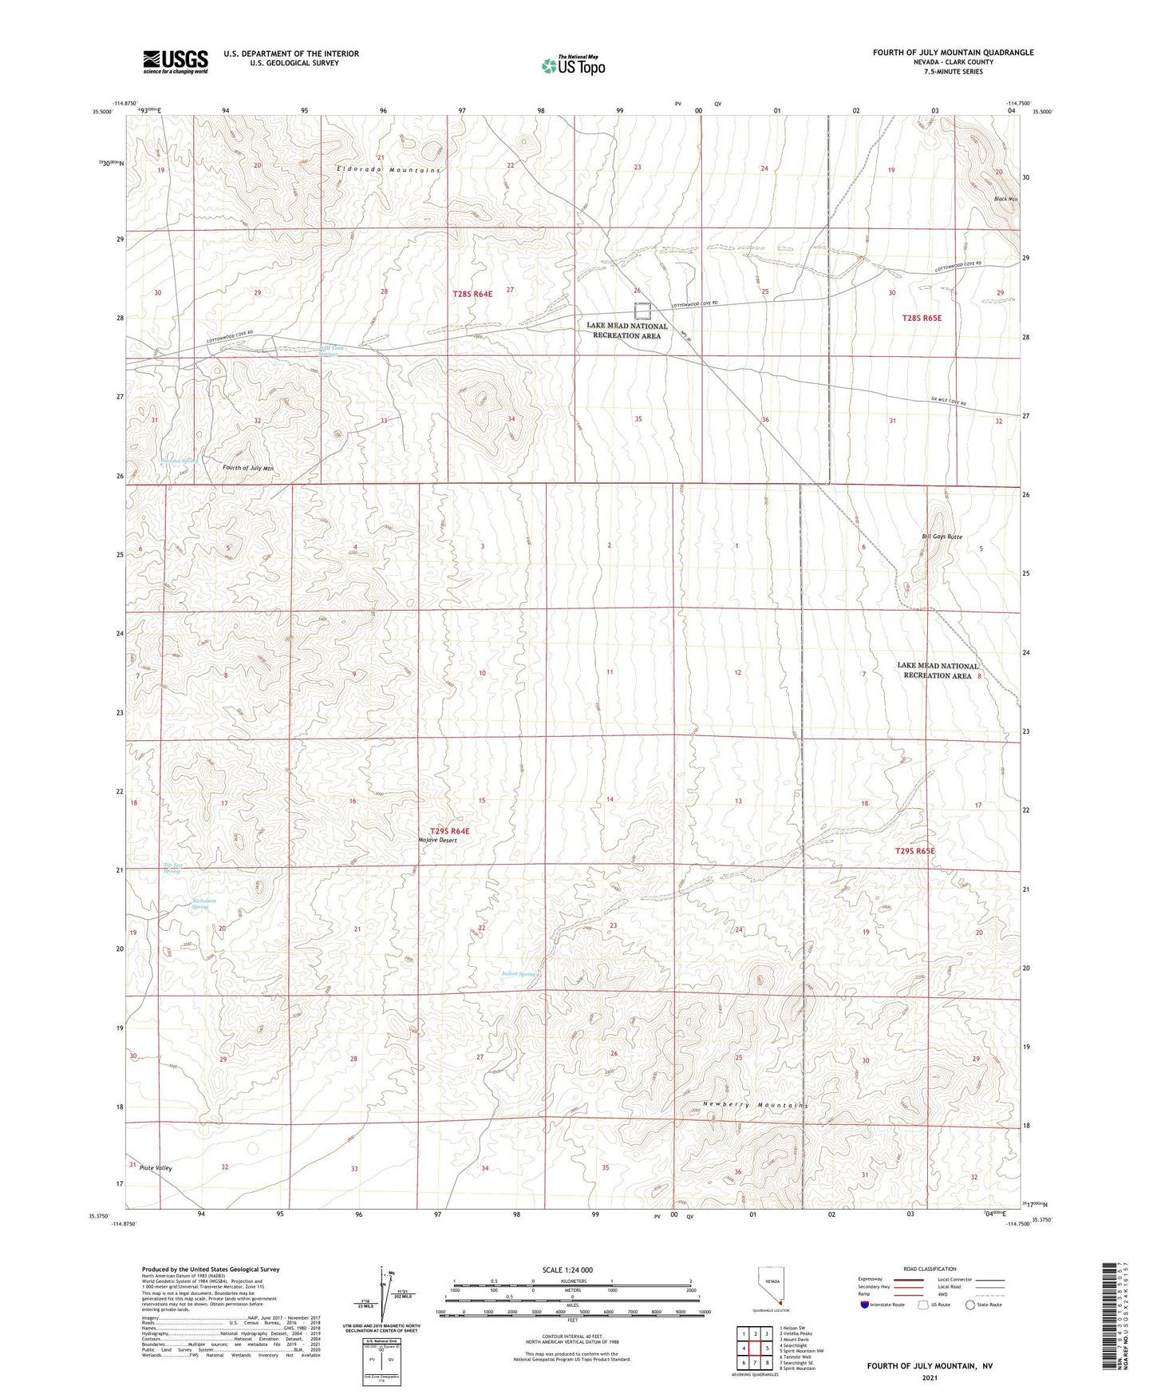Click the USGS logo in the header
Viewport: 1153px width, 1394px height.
coord(176,61)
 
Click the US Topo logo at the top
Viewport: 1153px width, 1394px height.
coord(572,65)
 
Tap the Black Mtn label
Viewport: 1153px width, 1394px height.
coord(1005,199)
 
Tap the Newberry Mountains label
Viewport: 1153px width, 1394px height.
coord(756,1105)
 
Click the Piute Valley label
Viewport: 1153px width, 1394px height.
coord(156,1167)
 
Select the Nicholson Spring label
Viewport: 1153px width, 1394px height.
coord(203,904)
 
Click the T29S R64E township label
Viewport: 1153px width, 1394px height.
coord(450,831)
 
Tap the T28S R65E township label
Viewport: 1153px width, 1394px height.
coord(922,318)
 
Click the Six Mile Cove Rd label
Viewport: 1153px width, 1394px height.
coord(948,403)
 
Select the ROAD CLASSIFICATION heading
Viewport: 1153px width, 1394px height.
coord(930,1269)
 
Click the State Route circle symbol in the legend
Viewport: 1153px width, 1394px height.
coord(969,1305)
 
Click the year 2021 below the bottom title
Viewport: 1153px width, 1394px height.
coord(930,1377)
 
